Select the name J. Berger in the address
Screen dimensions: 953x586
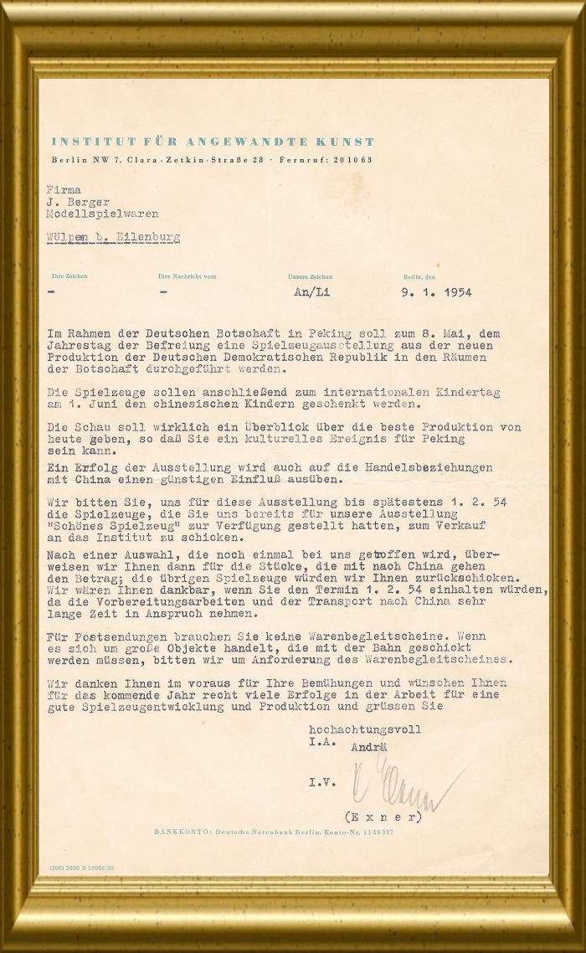[x=73, y=202]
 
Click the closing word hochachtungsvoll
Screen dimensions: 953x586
[x=365, y=729]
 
